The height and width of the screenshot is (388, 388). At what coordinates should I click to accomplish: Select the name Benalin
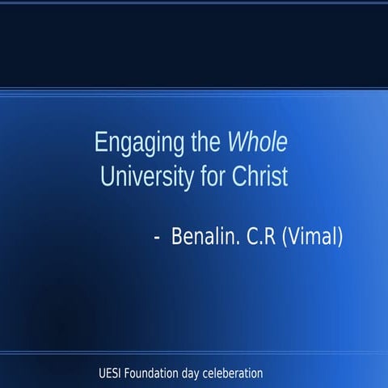coord(202,238)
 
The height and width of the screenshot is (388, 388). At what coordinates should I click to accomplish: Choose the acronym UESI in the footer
coord(109,373)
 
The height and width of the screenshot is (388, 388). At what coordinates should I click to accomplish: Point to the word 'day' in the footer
coord(194,374)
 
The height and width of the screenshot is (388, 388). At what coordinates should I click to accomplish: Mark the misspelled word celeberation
coord(235,373)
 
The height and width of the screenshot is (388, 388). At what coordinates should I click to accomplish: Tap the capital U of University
coord(104,176)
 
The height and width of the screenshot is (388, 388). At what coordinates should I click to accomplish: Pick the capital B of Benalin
coord(177,238)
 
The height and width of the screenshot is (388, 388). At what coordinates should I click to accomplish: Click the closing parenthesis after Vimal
coord(341,238)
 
